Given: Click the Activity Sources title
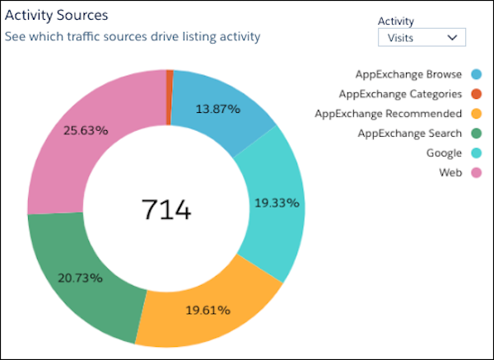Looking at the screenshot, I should (x=57, y=16).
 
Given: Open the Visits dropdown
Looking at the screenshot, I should (x=421, y=37).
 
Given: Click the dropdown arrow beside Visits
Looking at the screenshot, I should (x=451, y=37).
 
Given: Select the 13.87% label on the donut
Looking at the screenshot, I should (x=218, y=109).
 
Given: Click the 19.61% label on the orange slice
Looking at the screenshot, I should (x=207, y=310).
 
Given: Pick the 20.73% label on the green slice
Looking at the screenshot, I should (x=80, y=278).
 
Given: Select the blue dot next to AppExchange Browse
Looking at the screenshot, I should (x=476, y=75).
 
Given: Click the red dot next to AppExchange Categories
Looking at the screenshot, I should (x=476, y=94).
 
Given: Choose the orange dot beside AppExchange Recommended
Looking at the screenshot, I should (x=476, y=114).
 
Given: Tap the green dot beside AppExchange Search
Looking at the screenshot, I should (x=476, y=133).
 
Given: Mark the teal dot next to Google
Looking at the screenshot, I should (x=476, y=152).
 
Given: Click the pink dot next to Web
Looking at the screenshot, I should (x=476, y=172).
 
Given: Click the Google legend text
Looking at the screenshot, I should (x=444, y=152).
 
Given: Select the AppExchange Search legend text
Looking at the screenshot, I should (x=409, y=133).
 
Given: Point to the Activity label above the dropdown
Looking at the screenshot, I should (x=395, y=21).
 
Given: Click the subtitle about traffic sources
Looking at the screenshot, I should (x=132, y=36).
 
